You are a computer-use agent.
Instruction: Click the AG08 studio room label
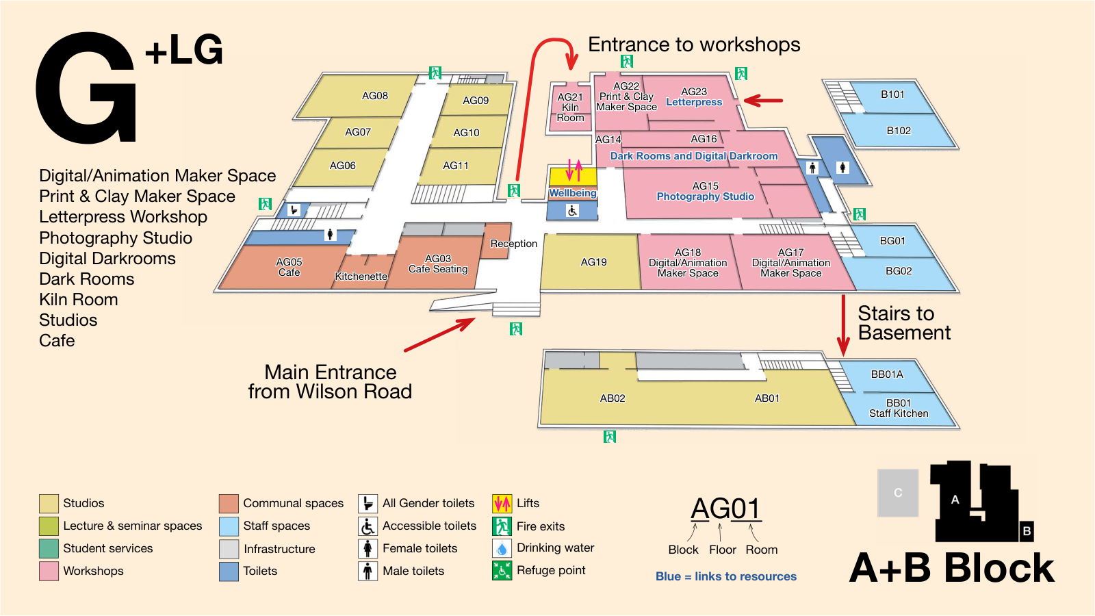tap(375, 96)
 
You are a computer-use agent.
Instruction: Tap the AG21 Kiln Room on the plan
tap(571, 107)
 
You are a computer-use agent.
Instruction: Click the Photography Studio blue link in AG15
tap(706, 196)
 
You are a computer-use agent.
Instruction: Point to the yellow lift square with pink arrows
tap(574, 176)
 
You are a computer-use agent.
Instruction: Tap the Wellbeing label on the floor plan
tap(572, 193)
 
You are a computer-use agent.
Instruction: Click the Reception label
tap(514, 244)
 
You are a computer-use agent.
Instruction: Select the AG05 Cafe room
tap(288, 266)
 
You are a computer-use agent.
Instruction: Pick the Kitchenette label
tap(361, 277)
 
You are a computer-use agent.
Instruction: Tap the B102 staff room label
tap(899, 131)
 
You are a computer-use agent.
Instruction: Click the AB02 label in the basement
tap(613, 398)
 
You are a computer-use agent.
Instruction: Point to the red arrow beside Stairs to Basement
tap(843, 326)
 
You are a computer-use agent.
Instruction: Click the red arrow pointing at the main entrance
tap(439, 335)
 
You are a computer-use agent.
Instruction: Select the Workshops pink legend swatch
tap(49, 571)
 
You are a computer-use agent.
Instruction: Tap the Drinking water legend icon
tap(502, 548)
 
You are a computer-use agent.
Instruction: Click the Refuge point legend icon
tap(502, 571)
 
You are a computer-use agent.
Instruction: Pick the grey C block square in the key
tap(898, 493)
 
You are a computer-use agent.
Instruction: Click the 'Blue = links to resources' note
tap(726, 576)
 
